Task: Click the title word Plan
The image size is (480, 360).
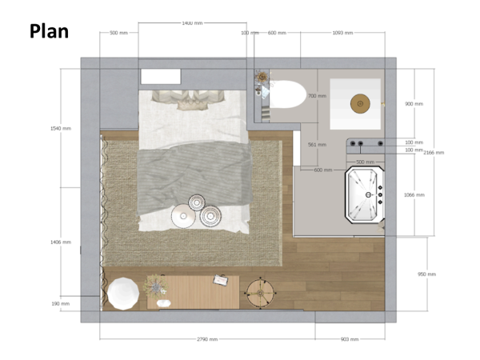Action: coord(49,31)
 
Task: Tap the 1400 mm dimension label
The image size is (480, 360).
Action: coord(192,23)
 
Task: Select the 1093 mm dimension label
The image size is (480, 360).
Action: coord(342,33)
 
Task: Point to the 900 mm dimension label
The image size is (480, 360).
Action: coord(414,104)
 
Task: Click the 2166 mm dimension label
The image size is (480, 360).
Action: coord(434,152)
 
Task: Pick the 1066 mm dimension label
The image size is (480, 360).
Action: coord(414,195)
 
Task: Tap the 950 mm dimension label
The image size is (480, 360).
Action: coord(426,274)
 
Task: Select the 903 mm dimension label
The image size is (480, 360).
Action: coord(350,339)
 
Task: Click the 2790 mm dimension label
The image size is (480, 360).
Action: coord(206,339)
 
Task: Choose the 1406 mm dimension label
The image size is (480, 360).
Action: coord(61,242)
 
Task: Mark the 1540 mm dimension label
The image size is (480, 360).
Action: coord(61,128)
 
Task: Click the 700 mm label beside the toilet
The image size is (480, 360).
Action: coord(317,96)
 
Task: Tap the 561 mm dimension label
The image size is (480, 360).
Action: coord(317,145)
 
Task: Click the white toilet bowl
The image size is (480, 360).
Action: coord(286,96)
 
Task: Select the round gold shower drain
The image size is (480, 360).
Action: coord(360,102)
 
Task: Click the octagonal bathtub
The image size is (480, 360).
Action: coord(365,194)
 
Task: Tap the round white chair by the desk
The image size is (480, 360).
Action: coord(123,293)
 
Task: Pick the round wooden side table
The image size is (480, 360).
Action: coord(260,292)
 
